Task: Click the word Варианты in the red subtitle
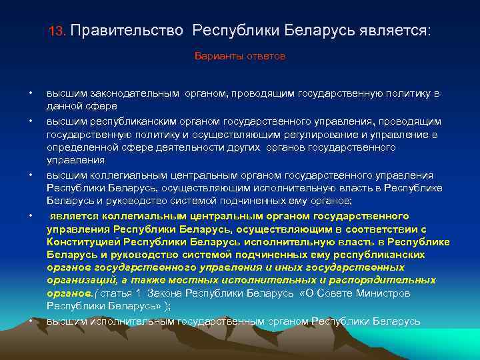pyautogui.click(x=217, y=57)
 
